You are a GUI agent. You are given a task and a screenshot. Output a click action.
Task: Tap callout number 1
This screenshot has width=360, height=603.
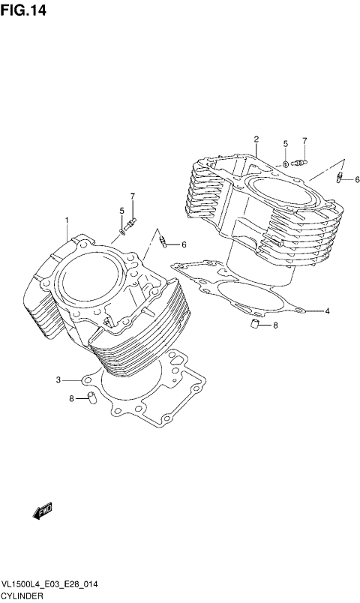[67, 220]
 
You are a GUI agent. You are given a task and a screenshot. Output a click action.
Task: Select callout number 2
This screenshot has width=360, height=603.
[256, 139]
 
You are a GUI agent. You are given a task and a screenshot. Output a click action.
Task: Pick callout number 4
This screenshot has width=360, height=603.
[327, 310]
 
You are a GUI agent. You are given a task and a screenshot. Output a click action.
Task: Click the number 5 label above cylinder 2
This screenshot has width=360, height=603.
[285, 143]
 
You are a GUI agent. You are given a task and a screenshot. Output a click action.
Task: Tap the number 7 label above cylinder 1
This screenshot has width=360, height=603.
[132, 196]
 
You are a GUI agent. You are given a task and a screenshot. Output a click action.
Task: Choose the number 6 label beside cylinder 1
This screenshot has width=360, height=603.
[183, 244]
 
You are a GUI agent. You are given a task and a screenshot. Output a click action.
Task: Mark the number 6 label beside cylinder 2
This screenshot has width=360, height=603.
[357, 179]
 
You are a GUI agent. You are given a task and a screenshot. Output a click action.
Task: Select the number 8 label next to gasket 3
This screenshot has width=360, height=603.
[72, 399]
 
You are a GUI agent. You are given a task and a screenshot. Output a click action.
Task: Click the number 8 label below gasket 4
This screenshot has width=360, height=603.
[274, 325]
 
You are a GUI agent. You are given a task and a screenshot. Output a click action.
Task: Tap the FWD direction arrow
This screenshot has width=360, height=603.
[42, 511]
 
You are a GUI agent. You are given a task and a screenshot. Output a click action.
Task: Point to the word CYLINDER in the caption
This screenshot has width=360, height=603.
[23, 595]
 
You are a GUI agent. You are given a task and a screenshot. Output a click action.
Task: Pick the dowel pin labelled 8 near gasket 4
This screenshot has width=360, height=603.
[254, 324]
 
